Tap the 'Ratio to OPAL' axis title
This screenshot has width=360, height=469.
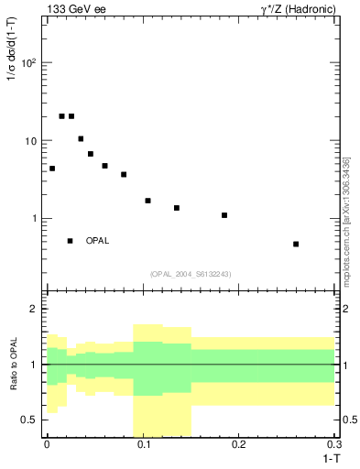[15, 365]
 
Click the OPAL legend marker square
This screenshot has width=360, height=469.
[70, 241]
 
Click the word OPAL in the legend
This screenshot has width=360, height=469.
[98, 241]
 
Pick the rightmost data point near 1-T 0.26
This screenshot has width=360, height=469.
[296, 244]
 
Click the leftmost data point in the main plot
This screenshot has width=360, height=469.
[52, 169]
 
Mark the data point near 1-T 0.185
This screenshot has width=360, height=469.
[224, 215]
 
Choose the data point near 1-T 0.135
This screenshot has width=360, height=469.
[177, 208]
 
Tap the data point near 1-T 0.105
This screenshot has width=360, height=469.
[147, 201]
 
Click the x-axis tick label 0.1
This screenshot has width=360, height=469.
[142, 443]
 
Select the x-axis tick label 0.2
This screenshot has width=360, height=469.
[238, 443]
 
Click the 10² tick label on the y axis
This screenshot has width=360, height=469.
[28, 63]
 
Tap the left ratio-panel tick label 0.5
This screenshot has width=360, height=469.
[31, 420]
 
